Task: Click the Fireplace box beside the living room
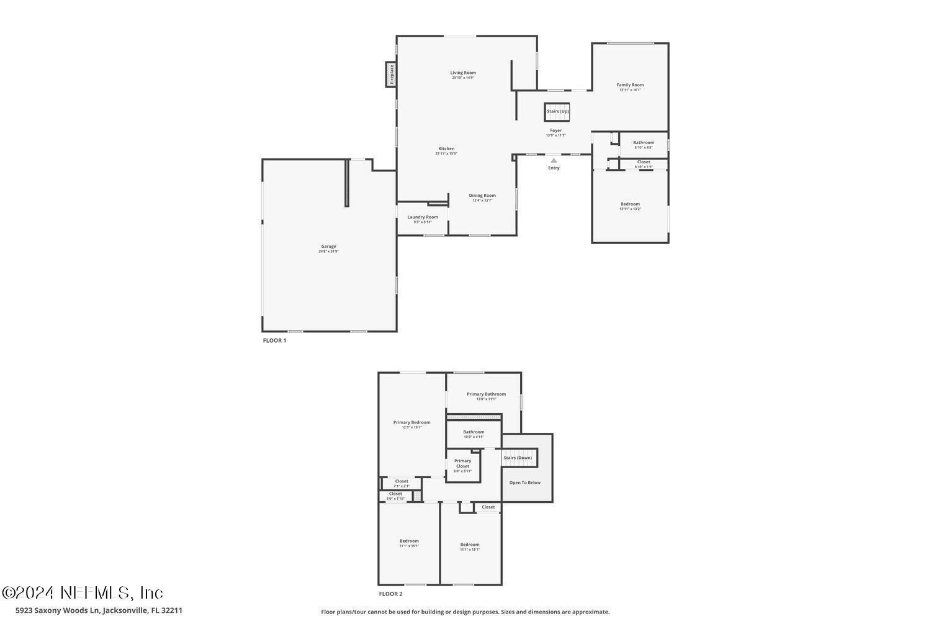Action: (391, 75)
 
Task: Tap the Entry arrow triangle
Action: (554, 160)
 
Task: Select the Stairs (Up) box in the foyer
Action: (557, 112)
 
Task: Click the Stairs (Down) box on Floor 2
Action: (518, 458)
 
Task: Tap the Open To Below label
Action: (525, 483)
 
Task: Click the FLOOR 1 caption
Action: (274, 340)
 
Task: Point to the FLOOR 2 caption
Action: (390, 594)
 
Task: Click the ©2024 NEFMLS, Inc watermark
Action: (82, 592)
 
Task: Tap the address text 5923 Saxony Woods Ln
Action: (57, 610)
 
